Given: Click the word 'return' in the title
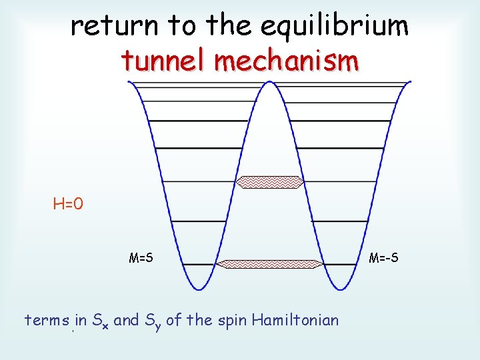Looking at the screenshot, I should [x=115, y=26].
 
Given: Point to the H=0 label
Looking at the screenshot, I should [x=68, y=203].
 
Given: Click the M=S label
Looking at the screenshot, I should [x=141, y=257].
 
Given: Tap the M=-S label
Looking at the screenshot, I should [x=384, y=257].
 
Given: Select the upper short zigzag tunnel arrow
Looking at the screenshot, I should [x=271, y=181].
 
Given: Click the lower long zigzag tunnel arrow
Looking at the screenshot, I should [x=271, y=264].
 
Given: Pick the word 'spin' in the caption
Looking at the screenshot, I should [x=231, y=321].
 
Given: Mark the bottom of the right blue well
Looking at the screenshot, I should [x=342, y=288].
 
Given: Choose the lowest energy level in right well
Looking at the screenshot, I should [x=340, y=265].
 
